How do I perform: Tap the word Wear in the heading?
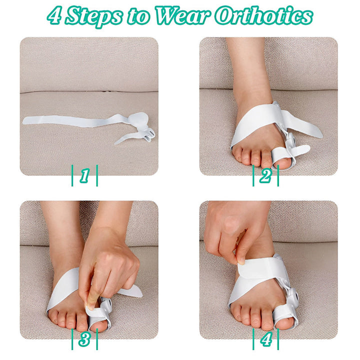(x=182, y=15)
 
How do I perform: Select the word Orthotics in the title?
(x=263, y=15)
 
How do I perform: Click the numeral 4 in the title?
(x=54, y=15)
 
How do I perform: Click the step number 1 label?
(x=84, y=175)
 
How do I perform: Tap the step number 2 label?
(x=265, y=175)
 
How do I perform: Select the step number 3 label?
(x=84, y=339)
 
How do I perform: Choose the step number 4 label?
(x=266, y=339)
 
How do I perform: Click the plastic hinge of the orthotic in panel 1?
(x=149, y=134)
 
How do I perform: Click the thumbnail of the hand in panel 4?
(x=241, y=261)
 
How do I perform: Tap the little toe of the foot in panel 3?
(x=52, y=317)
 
